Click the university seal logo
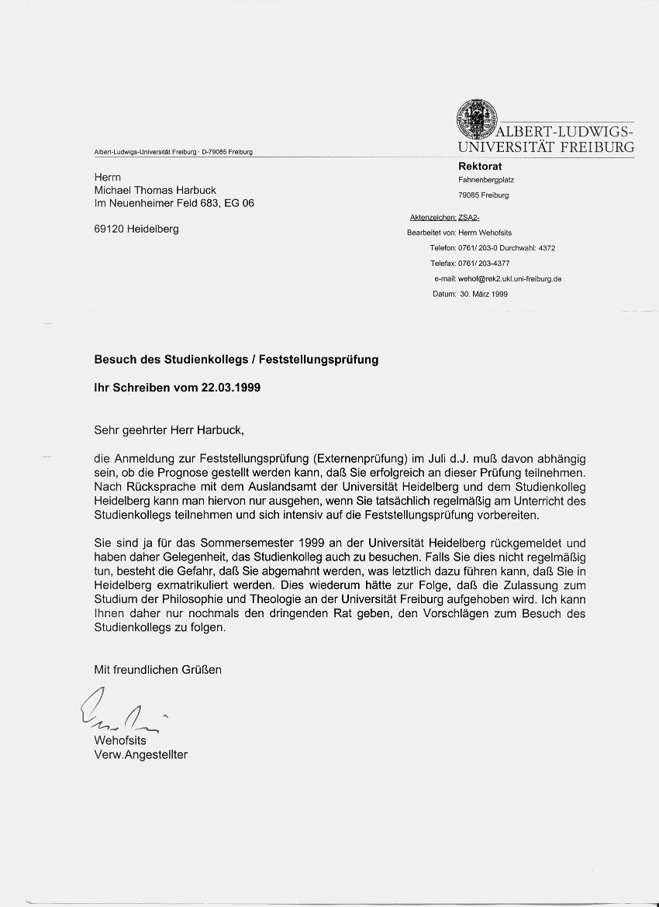475,119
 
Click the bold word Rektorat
480,166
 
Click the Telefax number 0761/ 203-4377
495,264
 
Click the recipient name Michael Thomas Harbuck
155,191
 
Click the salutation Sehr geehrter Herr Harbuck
173,429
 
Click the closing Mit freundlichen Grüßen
157,669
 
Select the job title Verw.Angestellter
140,754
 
